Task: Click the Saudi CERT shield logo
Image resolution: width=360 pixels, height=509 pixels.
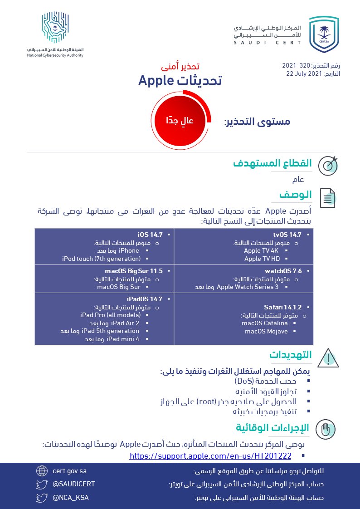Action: point(324,34)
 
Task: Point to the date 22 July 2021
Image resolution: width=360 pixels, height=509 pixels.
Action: point(302,73)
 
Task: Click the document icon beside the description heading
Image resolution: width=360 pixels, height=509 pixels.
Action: point(328,198)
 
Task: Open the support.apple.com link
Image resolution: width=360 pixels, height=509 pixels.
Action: point(210,455)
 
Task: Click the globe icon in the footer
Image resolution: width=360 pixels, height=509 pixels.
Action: point(42,471)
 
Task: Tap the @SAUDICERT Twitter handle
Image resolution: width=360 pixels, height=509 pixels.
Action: point(73,484)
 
